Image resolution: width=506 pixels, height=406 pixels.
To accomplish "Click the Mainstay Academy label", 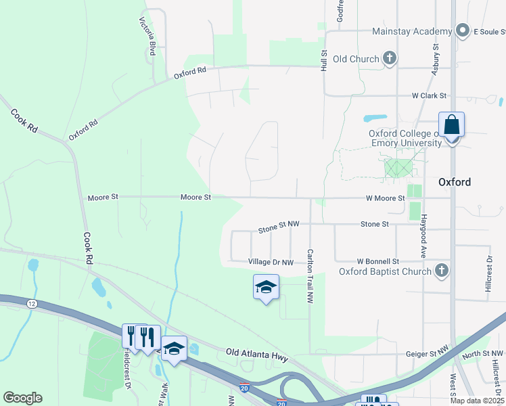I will click(x=411, y=32).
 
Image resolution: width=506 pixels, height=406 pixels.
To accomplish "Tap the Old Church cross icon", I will click(x=390, y=58).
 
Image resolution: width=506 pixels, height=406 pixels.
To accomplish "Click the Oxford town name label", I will click(x=454, y=182).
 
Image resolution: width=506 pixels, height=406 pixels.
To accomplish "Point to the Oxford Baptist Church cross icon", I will click(x=441, y=271).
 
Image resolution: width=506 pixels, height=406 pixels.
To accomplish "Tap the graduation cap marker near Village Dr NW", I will click(x=266, y=288).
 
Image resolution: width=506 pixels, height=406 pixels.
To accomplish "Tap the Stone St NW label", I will click(x=278, y=228).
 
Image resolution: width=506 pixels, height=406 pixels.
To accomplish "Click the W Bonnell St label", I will click(x=379, y=261).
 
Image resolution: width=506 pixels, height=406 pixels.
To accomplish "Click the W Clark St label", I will click(x=430, y=96).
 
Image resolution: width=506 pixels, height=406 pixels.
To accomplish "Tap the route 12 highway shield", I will click(x=32, y=304).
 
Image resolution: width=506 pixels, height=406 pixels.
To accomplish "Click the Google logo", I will click(x=22, y=398).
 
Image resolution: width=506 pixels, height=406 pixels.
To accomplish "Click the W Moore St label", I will click(x=385, y=198).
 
